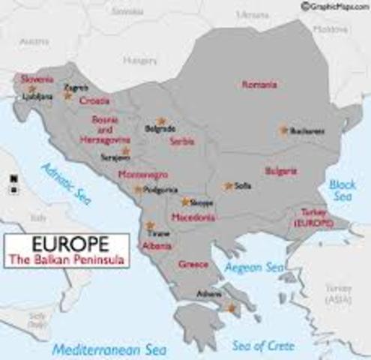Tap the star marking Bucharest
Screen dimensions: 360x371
[x=283, y=130]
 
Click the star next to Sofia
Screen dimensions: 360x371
[x=228, y=185]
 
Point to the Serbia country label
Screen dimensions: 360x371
[x=182, y=141]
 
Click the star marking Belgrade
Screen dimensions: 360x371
[x=160, y=121]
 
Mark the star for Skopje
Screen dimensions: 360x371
[x=184, y=202]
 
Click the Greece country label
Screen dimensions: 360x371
[x=193, y=264]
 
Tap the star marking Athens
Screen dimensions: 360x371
[x=230, y=307]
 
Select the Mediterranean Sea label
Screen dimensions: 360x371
[x=97, y=348]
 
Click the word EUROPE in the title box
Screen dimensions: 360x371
[x=66, y=244]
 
